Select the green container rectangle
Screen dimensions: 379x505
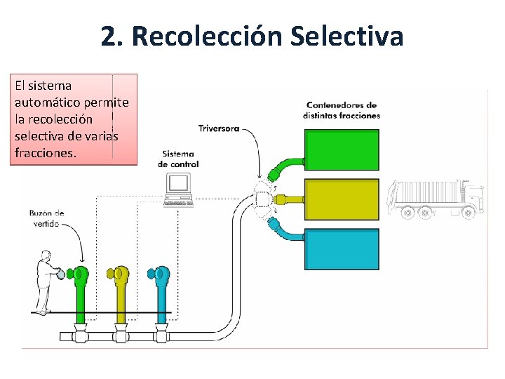342,149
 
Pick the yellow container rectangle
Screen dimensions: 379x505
342,199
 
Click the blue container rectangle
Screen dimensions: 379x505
342,248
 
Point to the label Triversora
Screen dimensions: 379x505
218,128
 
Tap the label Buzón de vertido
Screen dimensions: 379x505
47,218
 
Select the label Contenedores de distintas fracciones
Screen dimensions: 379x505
342,110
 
